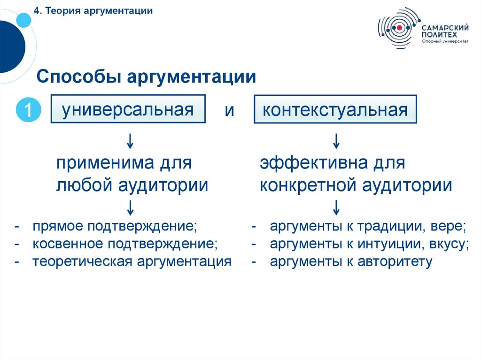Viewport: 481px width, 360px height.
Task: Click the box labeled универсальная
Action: pos(128,110)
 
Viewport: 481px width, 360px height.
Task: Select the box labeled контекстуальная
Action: pos(335,110)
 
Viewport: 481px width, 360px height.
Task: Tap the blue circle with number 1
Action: pos(28,111)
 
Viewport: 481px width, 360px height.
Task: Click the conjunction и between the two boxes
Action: pos(229,110)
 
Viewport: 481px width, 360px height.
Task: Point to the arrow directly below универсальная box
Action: pos(130,140)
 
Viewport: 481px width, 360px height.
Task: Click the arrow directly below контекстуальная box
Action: pos(336,140)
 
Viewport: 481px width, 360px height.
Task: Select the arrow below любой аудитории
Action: pos(130,207)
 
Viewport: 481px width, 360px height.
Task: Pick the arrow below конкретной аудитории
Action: pos(336,207)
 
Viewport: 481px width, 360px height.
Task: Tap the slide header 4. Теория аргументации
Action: pos(93,11)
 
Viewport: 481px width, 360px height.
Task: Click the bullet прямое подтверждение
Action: pos(115,226)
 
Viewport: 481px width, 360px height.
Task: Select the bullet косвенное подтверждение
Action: pos(125,244)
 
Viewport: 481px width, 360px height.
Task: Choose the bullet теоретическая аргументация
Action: pos(132,261)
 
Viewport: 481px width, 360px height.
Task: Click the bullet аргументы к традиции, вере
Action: pos(368,226)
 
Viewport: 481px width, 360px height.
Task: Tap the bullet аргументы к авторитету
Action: pos(351,261)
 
